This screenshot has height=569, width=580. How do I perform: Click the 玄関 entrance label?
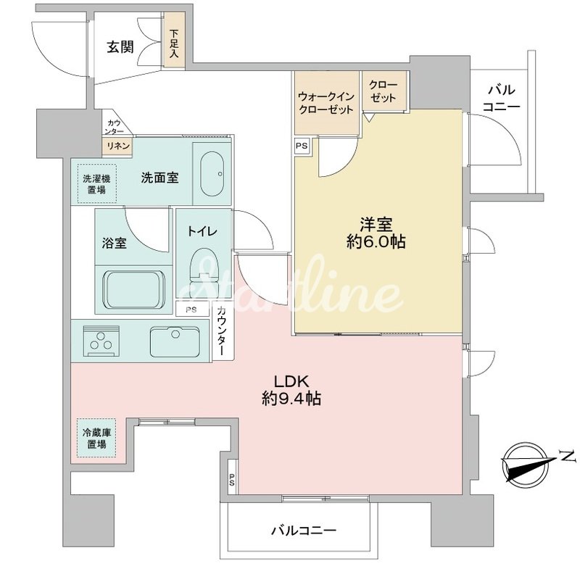[x=120, y=47]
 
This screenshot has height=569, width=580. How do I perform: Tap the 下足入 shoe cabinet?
[x=174, y=41]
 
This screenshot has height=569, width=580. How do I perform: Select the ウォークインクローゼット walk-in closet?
[x=327, y=103]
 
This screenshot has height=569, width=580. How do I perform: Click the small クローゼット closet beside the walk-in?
[x=384, y=91]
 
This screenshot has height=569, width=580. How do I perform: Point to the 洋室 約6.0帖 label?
[x=376, y=233]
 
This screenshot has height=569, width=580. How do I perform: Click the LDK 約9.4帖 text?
[x=291, y=390]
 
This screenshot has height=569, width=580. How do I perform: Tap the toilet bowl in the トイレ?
[x=203, y=273]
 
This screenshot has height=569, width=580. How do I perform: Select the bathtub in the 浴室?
[x=133, y=289]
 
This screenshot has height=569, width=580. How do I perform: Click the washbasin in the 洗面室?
[x=212, y=173]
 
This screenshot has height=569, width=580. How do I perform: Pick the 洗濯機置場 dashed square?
[x=96, y=184]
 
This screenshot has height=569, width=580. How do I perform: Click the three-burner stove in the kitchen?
[x=101, y=341]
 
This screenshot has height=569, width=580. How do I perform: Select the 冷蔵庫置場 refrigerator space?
[x=96, y=438]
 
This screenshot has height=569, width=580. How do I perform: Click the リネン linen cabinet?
[x=118, y=146]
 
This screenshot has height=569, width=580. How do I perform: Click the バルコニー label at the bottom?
[x=304, y=531]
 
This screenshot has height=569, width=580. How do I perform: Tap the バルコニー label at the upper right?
[x=502, y=98]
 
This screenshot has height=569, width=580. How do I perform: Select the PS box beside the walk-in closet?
[x=302, y=146]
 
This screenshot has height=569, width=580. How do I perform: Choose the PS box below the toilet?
[x=191, y=310]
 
